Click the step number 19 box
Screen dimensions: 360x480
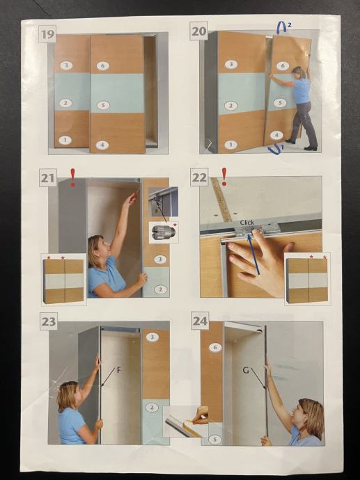point(47,34)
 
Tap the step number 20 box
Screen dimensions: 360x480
point(199,31)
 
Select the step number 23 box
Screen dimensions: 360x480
point(49,321)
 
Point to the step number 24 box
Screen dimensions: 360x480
point(200,321)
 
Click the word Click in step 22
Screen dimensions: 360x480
point(247,223)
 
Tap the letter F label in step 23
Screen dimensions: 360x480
point(119,370)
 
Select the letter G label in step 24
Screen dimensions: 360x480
point(246,370)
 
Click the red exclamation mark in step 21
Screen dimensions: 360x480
point(72,178)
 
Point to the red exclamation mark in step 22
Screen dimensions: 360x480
point(224,177)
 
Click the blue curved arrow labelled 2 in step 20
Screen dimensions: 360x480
point(281,27)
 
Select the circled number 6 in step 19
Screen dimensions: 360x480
point(102,66)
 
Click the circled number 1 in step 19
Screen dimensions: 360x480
point(65,141)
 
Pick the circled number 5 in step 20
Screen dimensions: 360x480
point(280,102)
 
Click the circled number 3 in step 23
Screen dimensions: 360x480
point(152,337)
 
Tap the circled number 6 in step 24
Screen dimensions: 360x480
point(215,347)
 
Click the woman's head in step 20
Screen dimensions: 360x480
point(299,72)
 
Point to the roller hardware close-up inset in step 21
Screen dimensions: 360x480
point(164,232)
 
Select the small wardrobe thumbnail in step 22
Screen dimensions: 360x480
point(307,279)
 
